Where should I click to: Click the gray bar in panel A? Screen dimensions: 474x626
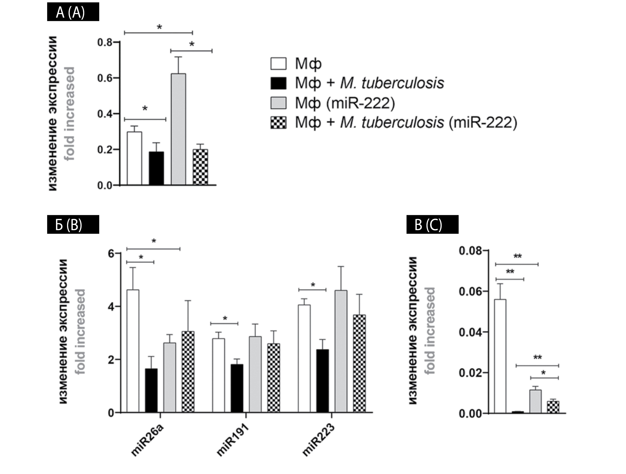coord(178,129)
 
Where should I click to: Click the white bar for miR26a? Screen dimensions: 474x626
coord(133,351)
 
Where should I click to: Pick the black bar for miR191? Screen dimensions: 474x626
coord(237,388)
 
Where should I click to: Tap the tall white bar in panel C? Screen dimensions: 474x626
coord(500,356)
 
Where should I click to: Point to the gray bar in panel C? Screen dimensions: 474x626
coord(535,401)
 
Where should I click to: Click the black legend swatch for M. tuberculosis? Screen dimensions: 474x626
coord(278,83)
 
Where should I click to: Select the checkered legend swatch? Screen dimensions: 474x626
coord(278,123)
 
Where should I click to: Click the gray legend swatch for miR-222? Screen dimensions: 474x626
coord(278,103)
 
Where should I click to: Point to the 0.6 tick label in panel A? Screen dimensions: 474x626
coord(105,78)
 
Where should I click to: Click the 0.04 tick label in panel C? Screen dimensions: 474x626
coord(470,332)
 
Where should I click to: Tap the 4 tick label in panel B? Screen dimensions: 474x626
coord(111,306)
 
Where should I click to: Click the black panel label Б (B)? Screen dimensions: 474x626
coord(73,224)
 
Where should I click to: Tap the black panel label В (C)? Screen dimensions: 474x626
coord(432,224)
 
